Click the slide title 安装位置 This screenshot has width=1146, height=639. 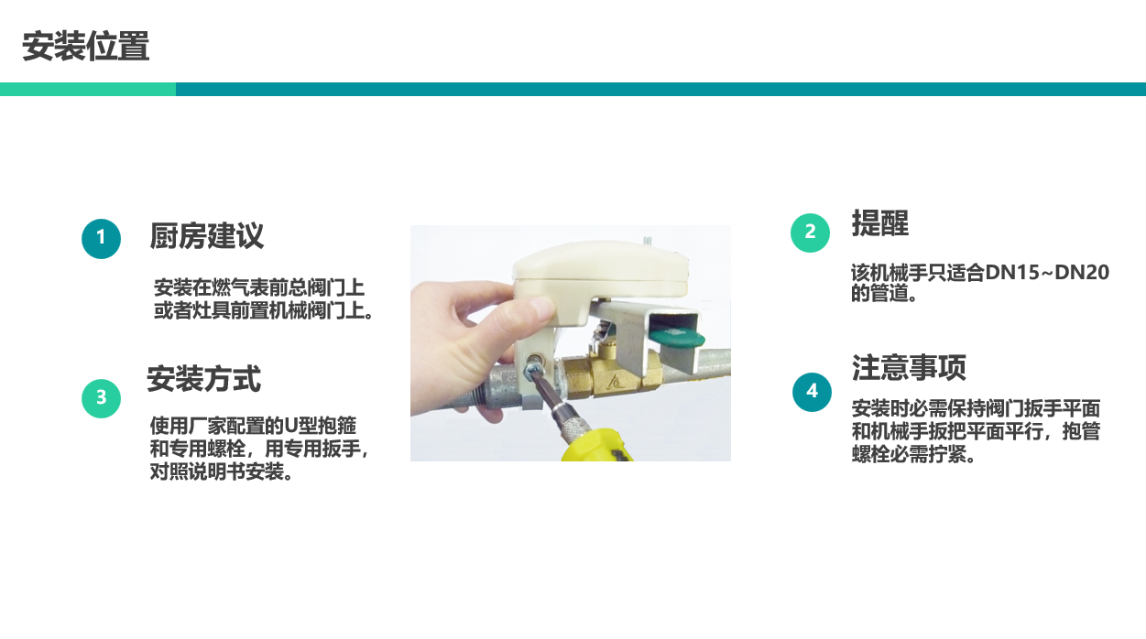click(x=85, y=46)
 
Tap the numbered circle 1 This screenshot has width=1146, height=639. click(x=102, y=239)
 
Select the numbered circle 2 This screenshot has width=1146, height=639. click(x=810, y=233)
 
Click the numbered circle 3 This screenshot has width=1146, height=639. click(x=102, y=398)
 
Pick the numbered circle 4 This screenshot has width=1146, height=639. click(x=812, y=392)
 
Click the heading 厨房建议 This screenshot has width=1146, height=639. click(x=207, y=235)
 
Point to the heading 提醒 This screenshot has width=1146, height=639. click(x=880, y=222)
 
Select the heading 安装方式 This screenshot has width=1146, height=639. click(x=203, y=379)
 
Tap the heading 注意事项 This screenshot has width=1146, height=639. click(x=909, y=367)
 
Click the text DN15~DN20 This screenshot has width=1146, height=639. click(x=1047, y=273)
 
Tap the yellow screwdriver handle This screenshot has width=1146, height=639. click(x=597, y=446)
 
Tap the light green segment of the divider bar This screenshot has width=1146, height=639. click(x=88, y=90)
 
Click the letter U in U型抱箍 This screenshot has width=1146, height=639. click(x=291, y=426)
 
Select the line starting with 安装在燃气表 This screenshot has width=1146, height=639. click(x=259, y=287)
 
